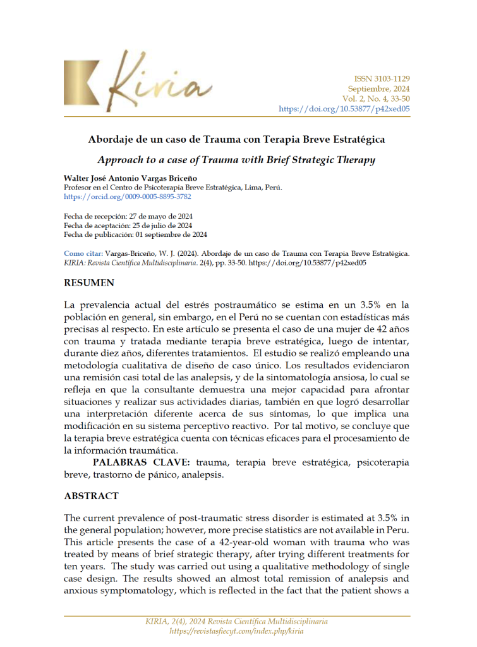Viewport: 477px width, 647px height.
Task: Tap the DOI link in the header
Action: (344, 109)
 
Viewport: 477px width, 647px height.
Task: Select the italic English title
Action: (237, 160)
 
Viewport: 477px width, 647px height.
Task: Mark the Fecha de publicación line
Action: (135, 234)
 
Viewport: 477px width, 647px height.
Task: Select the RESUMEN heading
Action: (89, 283)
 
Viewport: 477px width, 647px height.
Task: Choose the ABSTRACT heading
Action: (91, 496)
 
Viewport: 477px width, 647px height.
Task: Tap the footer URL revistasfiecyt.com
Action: (237, 631)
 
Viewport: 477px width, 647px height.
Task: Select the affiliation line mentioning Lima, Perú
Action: (173, 188)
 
